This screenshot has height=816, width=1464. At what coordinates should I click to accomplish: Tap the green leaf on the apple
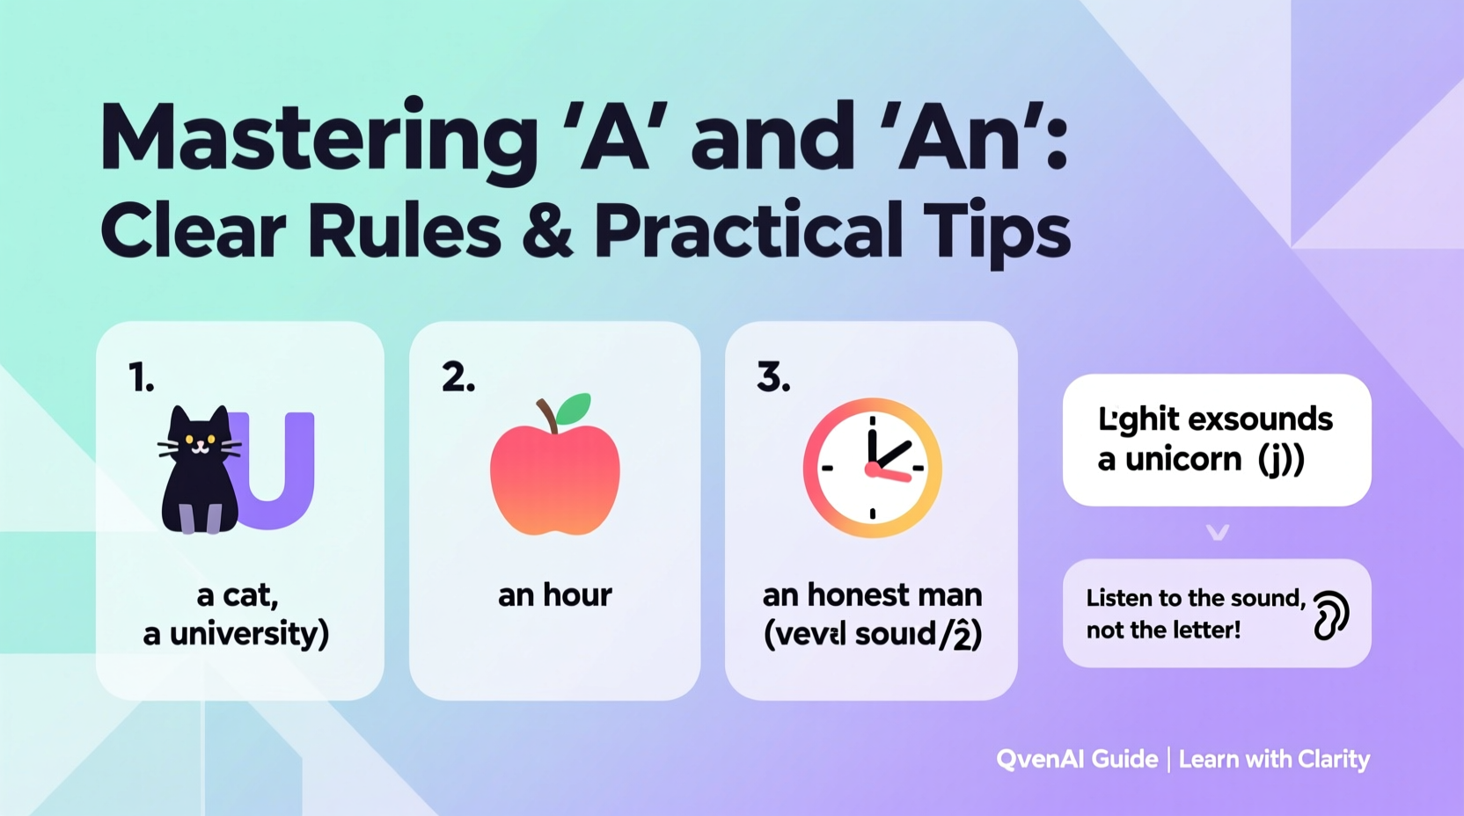[x=574, y=409]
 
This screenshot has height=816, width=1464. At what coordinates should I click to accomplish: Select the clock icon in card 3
[x=872, y=468]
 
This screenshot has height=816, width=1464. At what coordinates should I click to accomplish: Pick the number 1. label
[x=142, y=378]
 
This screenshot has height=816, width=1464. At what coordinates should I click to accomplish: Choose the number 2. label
[x=458, y=377]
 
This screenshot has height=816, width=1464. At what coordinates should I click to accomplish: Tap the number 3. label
[x=773, y=377]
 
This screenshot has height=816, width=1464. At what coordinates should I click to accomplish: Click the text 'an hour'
[x=554, y=595]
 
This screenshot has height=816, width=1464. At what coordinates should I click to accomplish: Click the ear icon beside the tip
[x=1329, y=615]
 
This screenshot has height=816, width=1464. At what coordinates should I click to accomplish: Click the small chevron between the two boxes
[x=1217, y=533]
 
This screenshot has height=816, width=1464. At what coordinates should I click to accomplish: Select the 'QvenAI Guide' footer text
[x=1077, y=759]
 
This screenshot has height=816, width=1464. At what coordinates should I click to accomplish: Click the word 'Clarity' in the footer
[x=1334, y=760]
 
